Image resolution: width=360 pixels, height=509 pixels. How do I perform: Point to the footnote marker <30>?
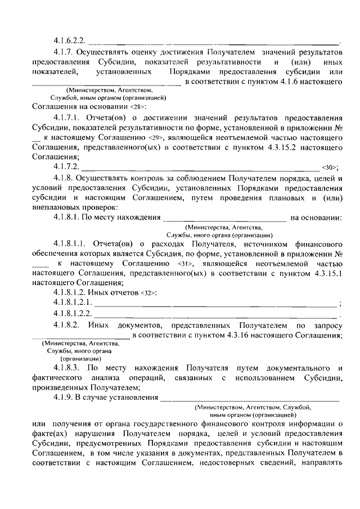[x=330, y=167]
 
